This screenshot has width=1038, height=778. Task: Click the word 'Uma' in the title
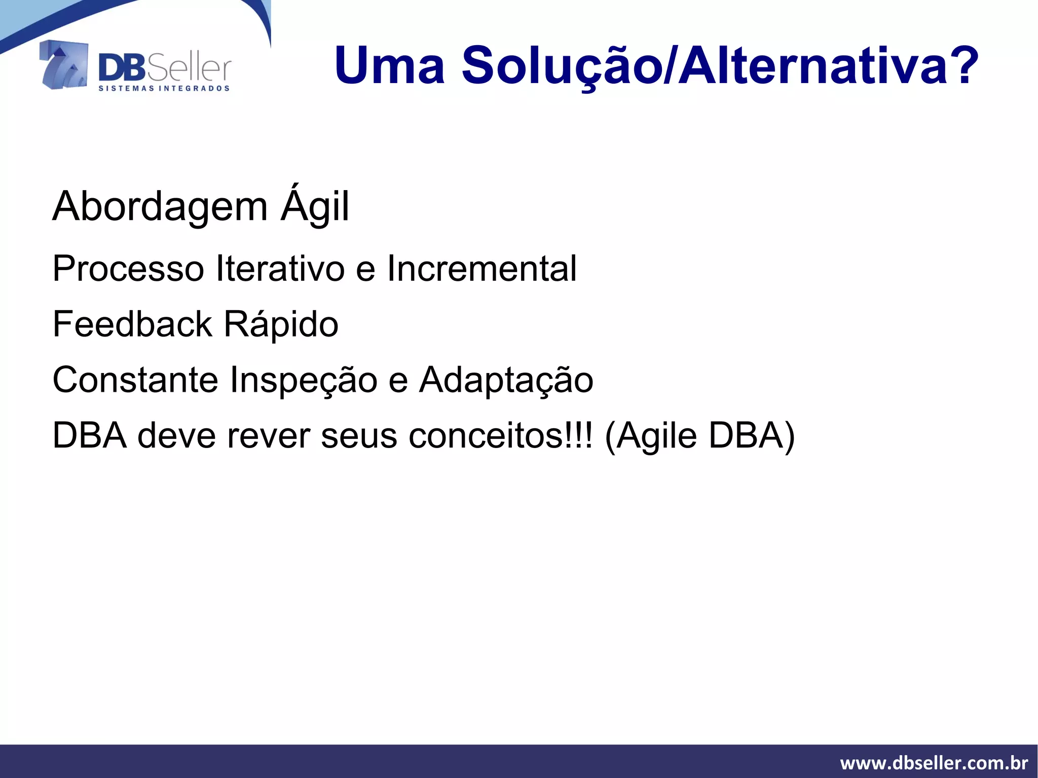389,66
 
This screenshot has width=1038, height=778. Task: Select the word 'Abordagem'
160,207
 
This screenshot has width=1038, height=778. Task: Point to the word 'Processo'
128,269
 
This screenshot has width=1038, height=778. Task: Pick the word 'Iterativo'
280,269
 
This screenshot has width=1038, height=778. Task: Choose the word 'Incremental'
481,269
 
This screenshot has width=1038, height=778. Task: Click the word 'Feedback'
132,324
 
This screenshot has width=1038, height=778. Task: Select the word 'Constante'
135,380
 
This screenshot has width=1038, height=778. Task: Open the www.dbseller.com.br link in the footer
934,762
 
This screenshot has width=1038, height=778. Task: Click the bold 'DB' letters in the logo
122,68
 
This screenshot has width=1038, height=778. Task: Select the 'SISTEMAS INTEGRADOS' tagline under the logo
164,89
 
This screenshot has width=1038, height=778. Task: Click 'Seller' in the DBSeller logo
189,68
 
